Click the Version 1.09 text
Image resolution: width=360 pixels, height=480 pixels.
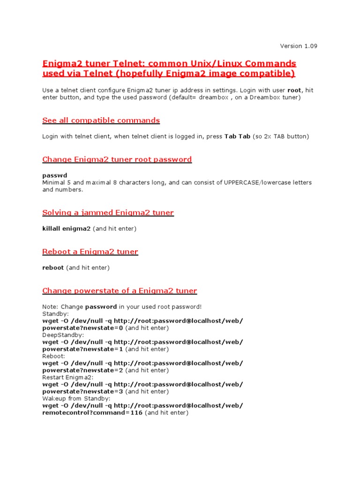point(298,46)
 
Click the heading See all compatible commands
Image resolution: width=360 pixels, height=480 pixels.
point(101,120)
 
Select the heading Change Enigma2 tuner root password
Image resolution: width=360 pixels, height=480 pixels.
point(117,159)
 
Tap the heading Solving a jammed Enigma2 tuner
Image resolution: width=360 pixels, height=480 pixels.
point(108,213)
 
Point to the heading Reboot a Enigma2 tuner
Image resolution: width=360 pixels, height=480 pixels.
point(90,252)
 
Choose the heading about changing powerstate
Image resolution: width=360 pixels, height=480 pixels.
point(120,291)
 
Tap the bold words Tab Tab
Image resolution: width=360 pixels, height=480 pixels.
point(237,136)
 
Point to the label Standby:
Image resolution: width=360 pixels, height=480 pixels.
point(55,314)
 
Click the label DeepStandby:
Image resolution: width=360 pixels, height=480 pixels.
point(63,335)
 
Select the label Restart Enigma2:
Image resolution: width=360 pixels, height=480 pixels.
point(68,377)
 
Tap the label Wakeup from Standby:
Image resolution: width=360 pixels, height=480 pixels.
point(76,398)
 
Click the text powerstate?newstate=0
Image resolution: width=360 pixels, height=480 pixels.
point(82,328)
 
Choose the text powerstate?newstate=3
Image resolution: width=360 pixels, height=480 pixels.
point(82,391)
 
